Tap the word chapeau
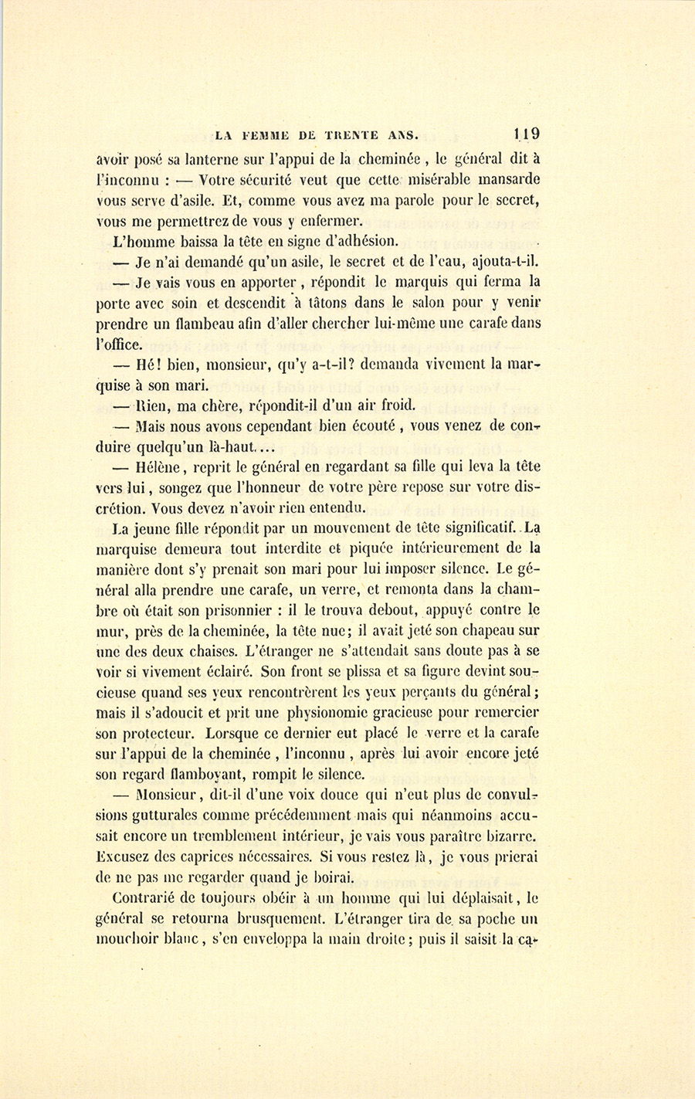pyautogui.click(x=493, y=629)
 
